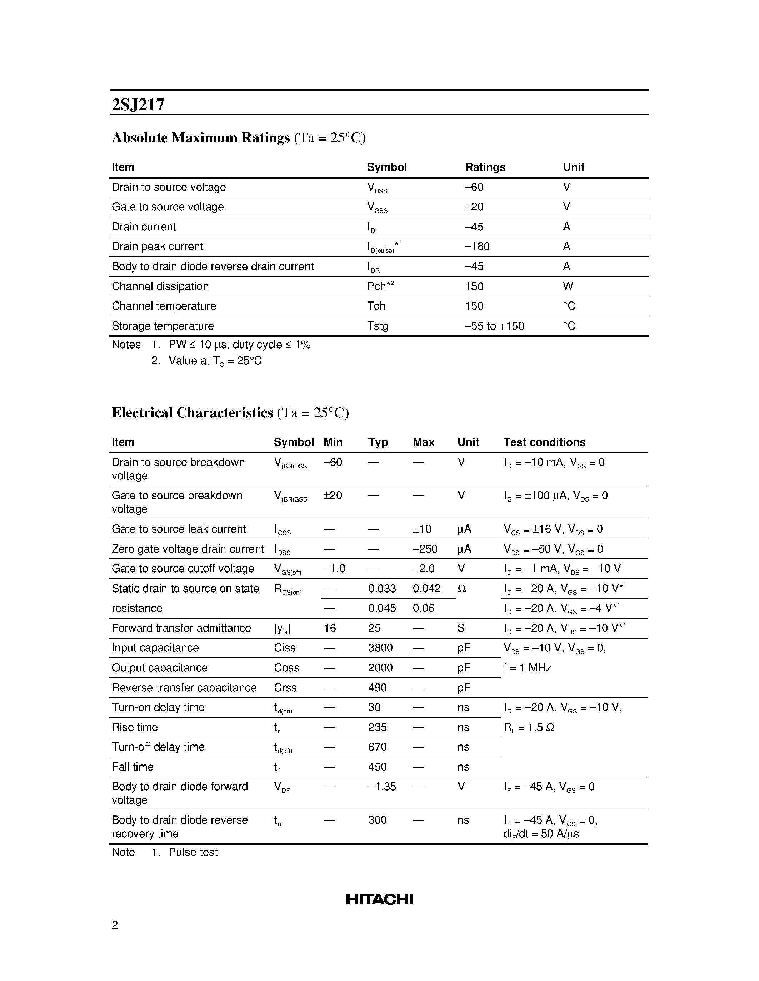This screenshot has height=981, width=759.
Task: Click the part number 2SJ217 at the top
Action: point(138,105)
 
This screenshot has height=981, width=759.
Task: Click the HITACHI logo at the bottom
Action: point(379,899)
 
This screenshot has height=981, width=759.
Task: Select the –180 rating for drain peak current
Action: point(477,246)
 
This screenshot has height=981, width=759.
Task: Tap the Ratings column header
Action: point(485,167)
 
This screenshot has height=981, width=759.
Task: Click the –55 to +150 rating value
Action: point(494,326)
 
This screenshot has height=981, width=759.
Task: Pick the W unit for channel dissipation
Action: point(568,286)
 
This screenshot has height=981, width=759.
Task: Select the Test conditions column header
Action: point(544,442)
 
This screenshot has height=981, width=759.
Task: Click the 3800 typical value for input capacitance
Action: point(380,648)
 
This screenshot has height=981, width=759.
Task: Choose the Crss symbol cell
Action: point(285,688)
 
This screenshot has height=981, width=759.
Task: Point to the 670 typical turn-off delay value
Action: point(377,747)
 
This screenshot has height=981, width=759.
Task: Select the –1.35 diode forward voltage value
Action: point(382,787)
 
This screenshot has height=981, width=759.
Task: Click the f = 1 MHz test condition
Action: point(527,668)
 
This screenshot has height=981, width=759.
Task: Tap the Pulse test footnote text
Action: point(193,852)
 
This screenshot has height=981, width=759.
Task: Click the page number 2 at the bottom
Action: point(115,925)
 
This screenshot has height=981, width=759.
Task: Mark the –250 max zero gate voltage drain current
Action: point(425,549)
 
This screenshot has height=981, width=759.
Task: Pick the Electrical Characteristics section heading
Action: point(192,412)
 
